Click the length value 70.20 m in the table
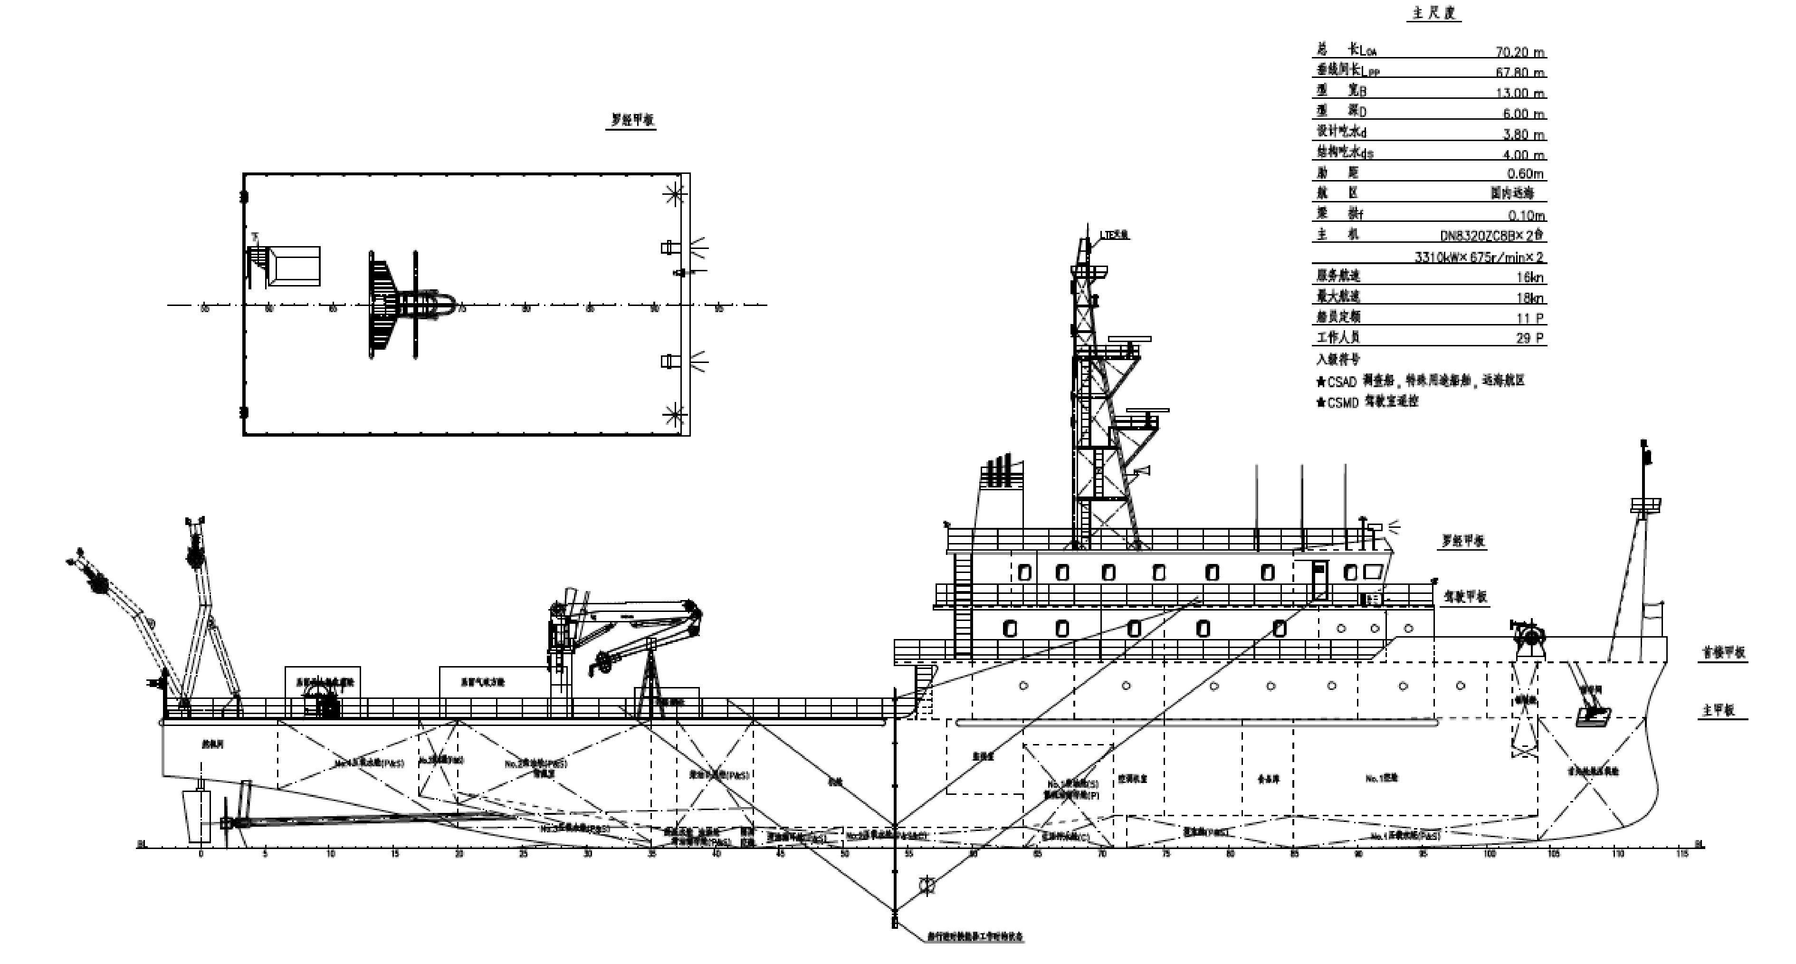(x=1520, y=52)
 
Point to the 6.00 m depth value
(x=1523, y=114)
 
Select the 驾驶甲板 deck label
(x=1465, y=597)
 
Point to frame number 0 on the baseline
(x=201, y=854)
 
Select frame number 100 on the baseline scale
(x=1489, y=854)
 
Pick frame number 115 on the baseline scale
(x=1682, y=854)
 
